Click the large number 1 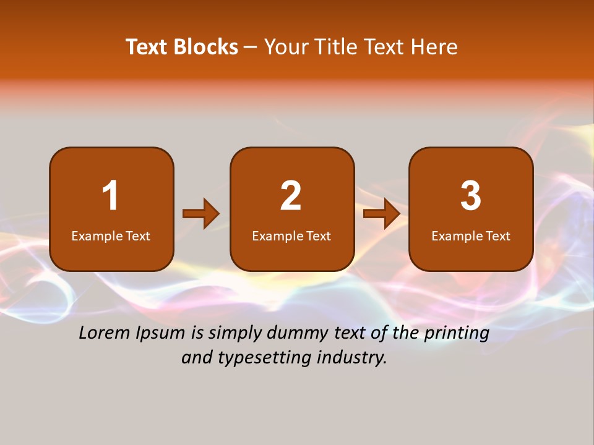tap(110, 196)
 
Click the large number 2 tap(291, 196)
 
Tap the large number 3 tap(471, 196)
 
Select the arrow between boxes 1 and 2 tap(201, 214)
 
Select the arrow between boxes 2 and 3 tap(382, 214)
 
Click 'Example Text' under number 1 tap(111, 236)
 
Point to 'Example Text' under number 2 tap(291, 236)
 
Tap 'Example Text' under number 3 tap(471, 236)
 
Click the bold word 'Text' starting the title tap(147, 47)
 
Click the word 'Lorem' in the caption tap(105, 333)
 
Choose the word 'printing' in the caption tap(457, 334)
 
